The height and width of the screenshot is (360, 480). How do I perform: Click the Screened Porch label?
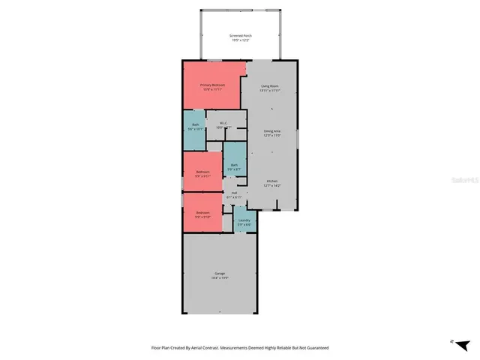click(240, 35)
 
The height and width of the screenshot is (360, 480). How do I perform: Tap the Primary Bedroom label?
click(212, 85)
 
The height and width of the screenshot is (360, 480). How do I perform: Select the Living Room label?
click(270, 85)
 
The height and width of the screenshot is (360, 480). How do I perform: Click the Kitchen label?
click(271, 181)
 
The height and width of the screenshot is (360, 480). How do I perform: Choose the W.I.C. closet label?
click(223, 124)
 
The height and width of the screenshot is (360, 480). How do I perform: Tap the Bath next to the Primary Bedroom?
click(195, 126)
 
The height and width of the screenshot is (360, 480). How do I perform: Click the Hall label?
click(234, 193)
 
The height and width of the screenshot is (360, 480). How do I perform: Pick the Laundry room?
click(244, 221)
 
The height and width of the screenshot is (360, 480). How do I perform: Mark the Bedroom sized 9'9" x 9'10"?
click(202, 214)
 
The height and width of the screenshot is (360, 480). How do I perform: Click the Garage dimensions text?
click(219, 278)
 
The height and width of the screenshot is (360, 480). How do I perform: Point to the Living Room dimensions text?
click(270, 91)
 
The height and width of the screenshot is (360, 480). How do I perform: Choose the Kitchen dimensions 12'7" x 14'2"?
click(271, 186)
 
